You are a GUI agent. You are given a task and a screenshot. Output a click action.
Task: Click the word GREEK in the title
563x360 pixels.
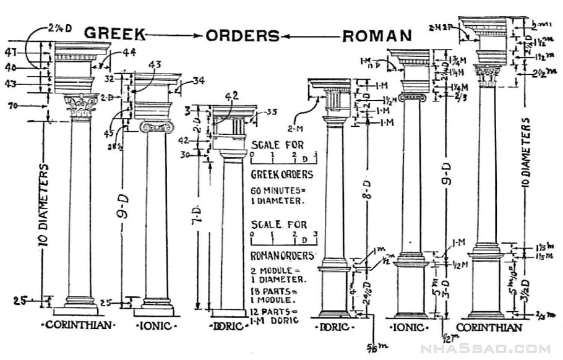point(114,33)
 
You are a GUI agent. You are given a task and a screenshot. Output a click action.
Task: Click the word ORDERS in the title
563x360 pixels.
point(243,36)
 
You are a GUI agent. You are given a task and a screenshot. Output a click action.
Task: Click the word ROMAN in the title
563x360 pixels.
point(377,35)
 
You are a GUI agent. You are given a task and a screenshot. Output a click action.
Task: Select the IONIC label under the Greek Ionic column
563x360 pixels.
point(157,325)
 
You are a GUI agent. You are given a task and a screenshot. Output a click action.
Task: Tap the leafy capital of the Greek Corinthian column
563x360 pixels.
point(82,107)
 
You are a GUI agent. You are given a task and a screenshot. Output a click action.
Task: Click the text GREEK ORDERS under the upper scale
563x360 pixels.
point(281,174)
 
